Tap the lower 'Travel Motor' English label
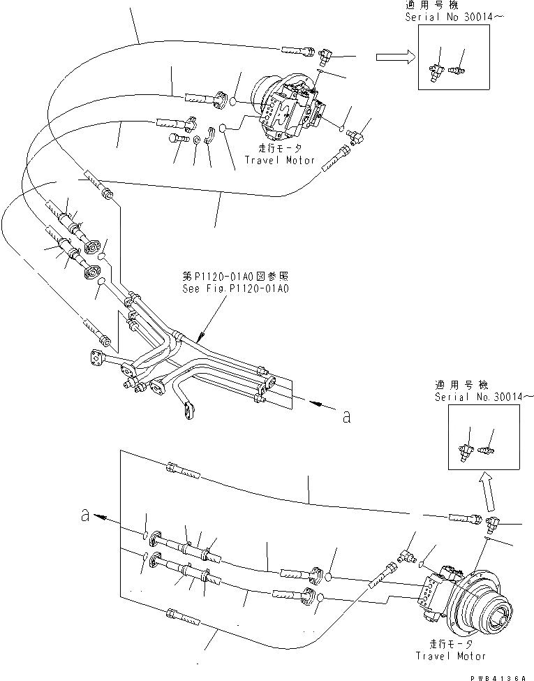pos(451,656)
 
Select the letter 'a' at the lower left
pos(85,516)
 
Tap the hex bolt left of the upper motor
pos(175,139)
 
